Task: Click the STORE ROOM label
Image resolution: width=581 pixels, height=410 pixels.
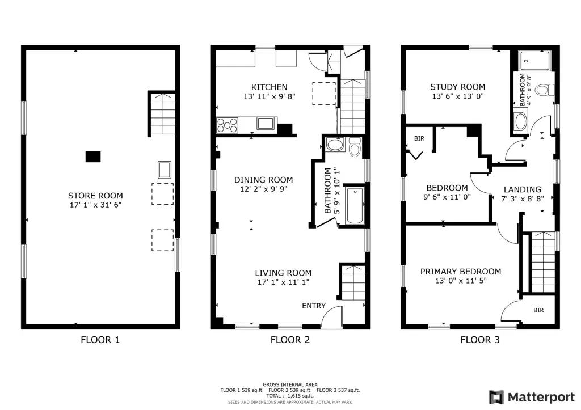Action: click(x=95, y=196)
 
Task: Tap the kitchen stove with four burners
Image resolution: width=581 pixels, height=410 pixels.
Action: click(x=227, y=125)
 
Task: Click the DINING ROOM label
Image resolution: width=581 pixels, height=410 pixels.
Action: click(x=263, y=180)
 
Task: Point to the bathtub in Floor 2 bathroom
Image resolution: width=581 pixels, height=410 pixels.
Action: click(x=355, y=205)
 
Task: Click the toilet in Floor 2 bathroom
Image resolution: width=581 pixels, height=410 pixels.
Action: click(x=355, y=147)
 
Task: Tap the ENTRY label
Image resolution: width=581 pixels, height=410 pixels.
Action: click(x=313, y=306)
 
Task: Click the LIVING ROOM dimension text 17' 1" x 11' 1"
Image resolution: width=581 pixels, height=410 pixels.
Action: click(x=283, y=282)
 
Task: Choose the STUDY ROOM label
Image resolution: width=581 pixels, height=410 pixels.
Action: click(x=458, y=87)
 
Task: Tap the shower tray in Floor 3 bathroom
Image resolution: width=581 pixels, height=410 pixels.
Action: click(x=534, y=61)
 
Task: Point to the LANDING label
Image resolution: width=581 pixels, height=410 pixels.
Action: click(x=523, y=189)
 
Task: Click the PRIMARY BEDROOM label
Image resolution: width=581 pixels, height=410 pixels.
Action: click(x=461, y=272)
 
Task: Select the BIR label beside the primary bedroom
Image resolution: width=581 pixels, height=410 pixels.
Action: click(x=538, y=310)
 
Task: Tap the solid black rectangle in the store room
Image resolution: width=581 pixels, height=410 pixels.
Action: click(x=93, y=157)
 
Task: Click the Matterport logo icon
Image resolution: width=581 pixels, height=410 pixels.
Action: click(x=496, y=397)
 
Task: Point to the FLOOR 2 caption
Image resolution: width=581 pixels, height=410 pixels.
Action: click(x=290, y=340)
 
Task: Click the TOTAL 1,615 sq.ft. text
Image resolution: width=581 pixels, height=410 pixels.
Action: click(x=290, y=396)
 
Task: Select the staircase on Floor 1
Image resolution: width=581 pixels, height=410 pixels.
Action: click(x=162, y=113)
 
